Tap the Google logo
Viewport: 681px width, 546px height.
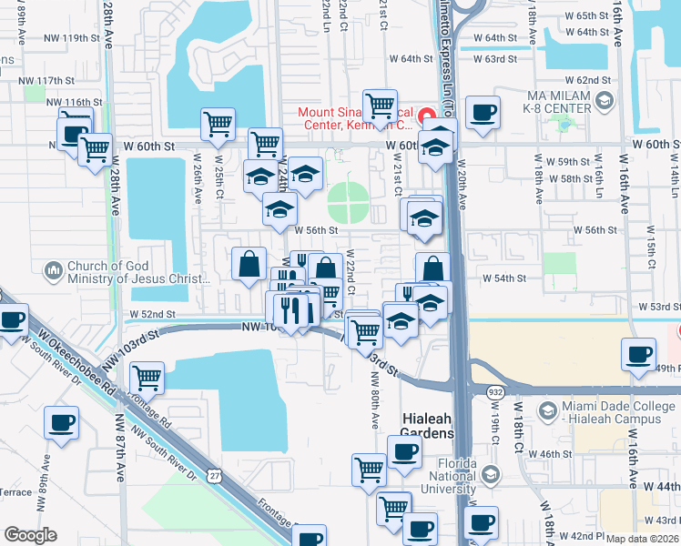tap(30, 535)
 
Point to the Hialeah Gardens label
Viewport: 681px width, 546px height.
tap(428, 434)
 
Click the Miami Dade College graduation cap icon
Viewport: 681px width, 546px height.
tap(547, 411)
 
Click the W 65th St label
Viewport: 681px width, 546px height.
tap(604, 16)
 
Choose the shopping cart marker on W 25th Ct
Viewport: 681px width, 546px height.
tap(218, 124)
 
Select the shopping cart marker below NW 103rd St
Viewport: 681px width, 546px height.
tap(146, 377)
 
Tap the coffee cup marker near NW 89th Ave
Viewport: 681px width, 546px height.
tap(61, 422)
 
